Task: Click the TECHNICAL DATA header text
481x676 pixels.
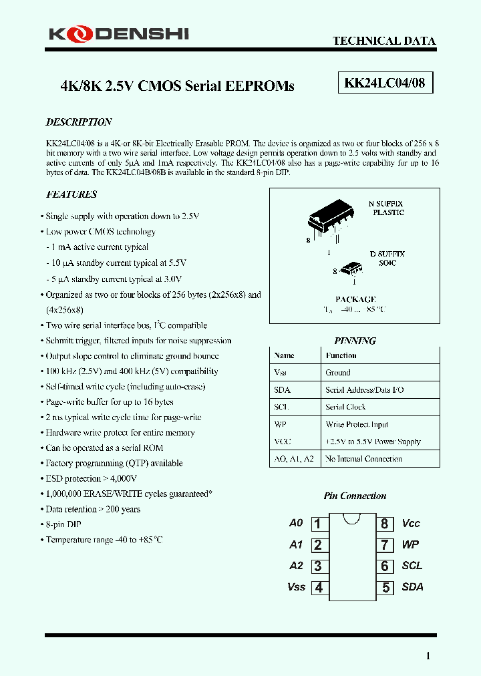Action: point(384,41)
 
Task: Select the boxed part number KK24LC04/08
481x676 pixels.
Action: point(384,84)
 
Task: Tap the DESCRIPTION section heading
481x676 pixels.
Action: point(78,122)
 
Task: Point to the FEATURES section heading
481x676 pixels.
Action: point(71,194)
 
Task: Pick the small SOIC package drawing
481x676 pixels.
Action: point(349,269)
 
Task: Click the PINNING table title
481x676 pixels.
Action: point(355,341)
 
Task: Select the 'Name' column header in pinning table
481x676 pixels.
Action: point(285,355)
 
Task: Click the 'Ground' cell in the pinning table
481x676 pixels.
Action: point(338,373)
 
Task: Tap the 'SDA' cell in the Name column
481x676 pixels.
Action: point(282,389)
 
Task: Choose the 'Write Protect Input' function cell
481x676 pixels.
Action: point(357,424)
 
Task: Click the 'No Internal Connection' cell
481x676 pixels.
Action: point(363,459)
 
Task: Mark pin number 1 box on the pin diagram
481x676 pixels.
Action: point(318,524)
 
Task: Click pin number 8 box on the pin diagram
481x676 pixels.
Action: point(385,524)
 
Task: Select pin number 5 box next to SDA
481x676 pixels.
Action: point(385,588)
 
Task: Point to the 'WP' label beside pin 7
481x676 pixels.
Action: point(410,545)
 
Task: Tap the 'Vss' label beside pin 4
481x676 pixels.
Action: point(296,587)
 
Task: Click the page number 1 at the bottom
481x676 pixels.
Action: point(428,656)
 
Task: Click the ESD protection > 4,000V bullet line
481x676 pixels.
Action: point(91,478)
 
